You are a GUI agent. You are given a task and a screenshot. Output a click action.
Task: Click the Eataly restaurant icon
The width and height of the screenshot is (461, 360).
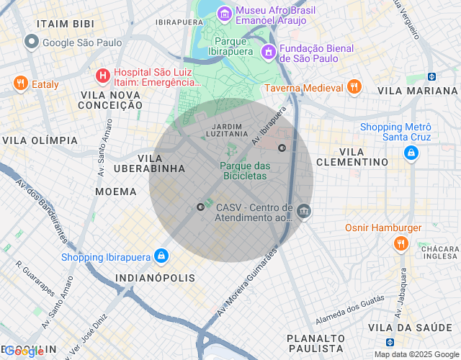(x=20, y=84)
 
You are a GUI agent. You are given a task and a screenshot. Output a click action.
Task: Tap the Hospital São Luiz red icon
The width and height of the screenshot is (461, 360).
(x=103, y=75)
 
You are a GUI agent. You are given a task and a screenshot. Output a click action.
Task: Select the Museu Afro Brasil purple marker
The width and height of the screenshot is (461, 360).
(x=225, y=14)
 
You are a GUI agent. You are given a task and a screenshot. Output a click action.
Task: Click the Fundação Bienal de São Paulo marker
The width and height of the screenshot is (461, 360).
(x=269, y=51)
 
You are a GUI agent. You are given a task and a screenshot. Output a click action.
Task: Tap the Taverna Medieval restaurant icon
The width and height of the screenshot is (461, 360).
(x=353, y=88)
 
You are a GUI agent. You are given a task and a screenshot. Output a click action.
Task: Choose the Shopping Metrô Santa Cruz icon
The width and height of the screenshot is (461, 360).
(x=410, y=152)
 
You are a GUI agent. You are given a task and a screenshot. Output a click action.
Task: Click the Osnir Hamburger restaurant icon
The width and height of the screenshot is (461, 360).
(x=400, y=244)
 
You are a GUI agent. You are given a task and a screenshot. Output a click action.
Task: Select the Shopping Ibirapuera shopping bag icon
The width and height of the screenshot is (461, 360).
(x=162, y=256)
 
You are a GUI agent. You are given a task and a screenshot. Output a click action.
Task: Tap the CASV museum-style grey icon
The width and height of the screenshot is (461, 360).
(x=303, y=212)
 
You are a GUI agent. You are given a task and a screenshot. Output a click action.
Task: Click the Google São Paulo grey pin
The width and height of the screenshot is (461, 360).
(x=31, y=42)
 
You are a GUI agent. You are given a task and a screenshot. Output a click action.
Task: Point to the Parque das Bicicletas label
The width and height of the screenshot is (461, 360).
(x=245, y=171)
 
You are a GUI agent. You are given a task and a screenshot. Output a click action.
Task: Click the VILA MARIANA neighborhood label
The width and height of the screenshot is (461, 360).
(x=417, y=91)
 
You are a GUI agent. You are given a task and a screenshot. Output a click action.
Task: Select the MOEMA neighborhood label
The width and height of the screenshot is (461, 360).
(x=116, y=192)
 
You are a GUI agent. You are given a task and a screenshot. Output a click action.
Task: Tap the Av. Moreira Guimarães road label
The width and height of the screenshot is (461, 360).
(x=247, y=284)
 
